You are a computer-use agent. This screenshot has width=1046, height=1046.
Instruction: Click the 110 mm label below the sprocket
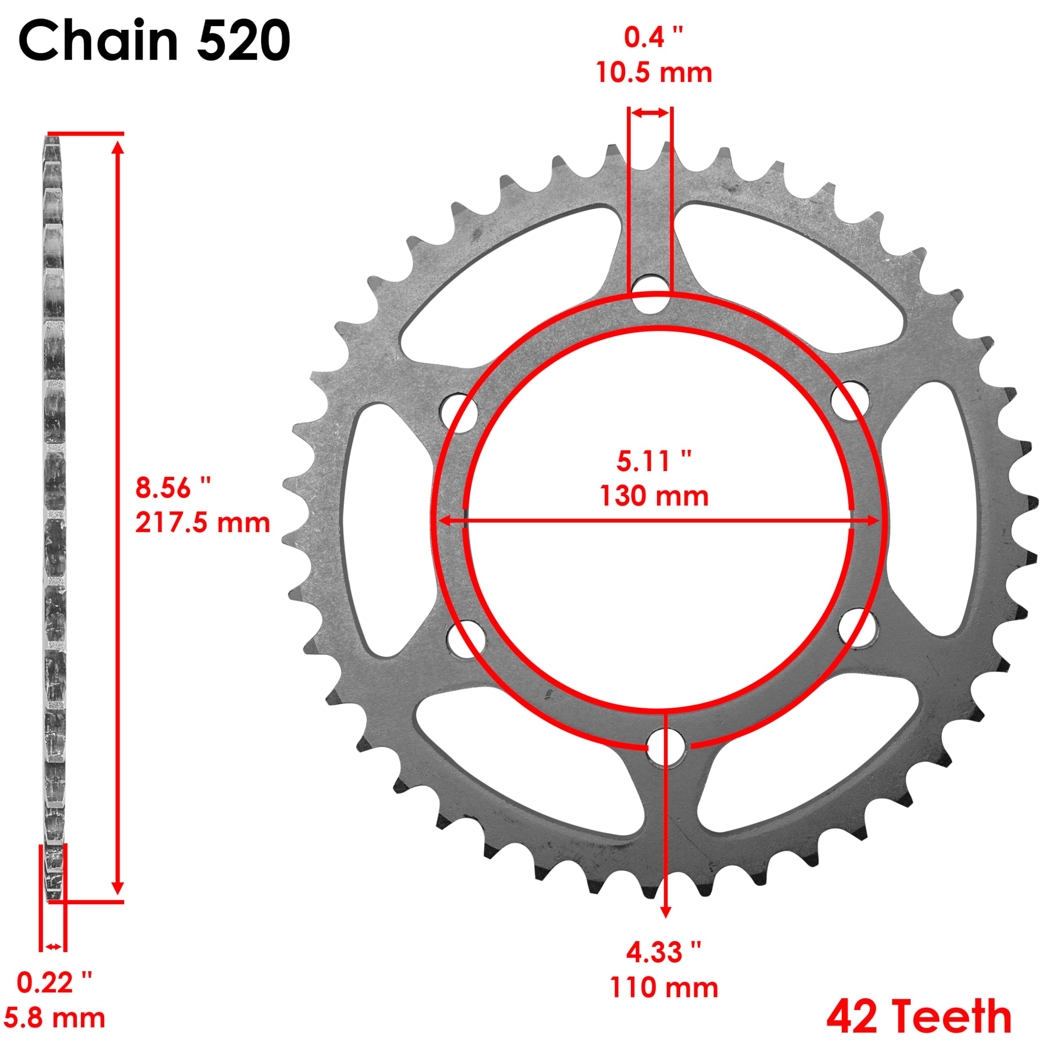pyautogui.click(x=664, y=988)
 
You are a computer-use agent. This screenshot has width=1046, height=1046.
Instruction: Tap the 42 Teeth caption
pyautogui.click(x=919, y=1017)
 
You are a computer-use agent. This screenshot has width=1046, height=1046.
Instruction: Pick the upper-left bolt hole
pyautogui.click(x=459, y=413)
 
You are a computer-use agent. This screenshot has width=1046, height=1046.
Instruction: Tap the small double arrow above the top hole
pyautogui.click(x=650, y=113)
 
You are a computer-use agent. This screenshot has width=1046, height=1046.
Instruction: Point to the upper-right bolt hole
pyautogui.click(x=849, y=401)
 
